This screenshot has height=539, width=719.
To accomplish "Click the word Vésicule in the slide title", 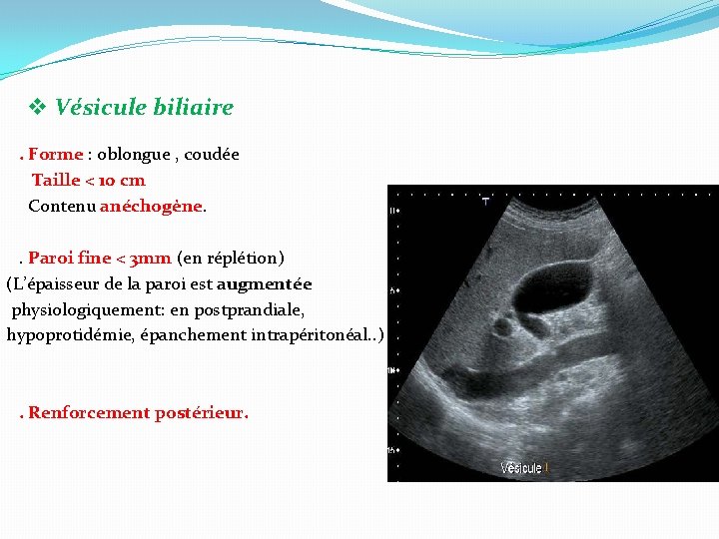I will pyautogui.click(x=99, y=107).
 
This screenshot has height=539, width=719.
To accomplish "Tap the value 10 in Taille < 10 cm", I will pyautogui.click(x=106, y=181).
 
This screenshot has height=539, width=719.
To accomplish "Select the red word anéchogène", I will pyautogui.click(x=151, y=207).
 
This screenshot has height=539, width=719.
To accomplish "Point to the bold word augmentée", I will pyautogui.click(x=270, y=284).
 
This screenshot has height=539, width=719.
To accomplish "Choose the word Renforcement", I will pyautogui.click(x=89, y=413).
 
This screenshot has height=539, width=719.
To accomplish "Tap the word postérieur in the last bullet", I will pyautogui.click(x=201, y=413).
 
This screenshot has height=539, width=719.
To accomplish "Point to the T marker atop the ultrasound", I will pyautogui.click(x=485, y=202).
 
